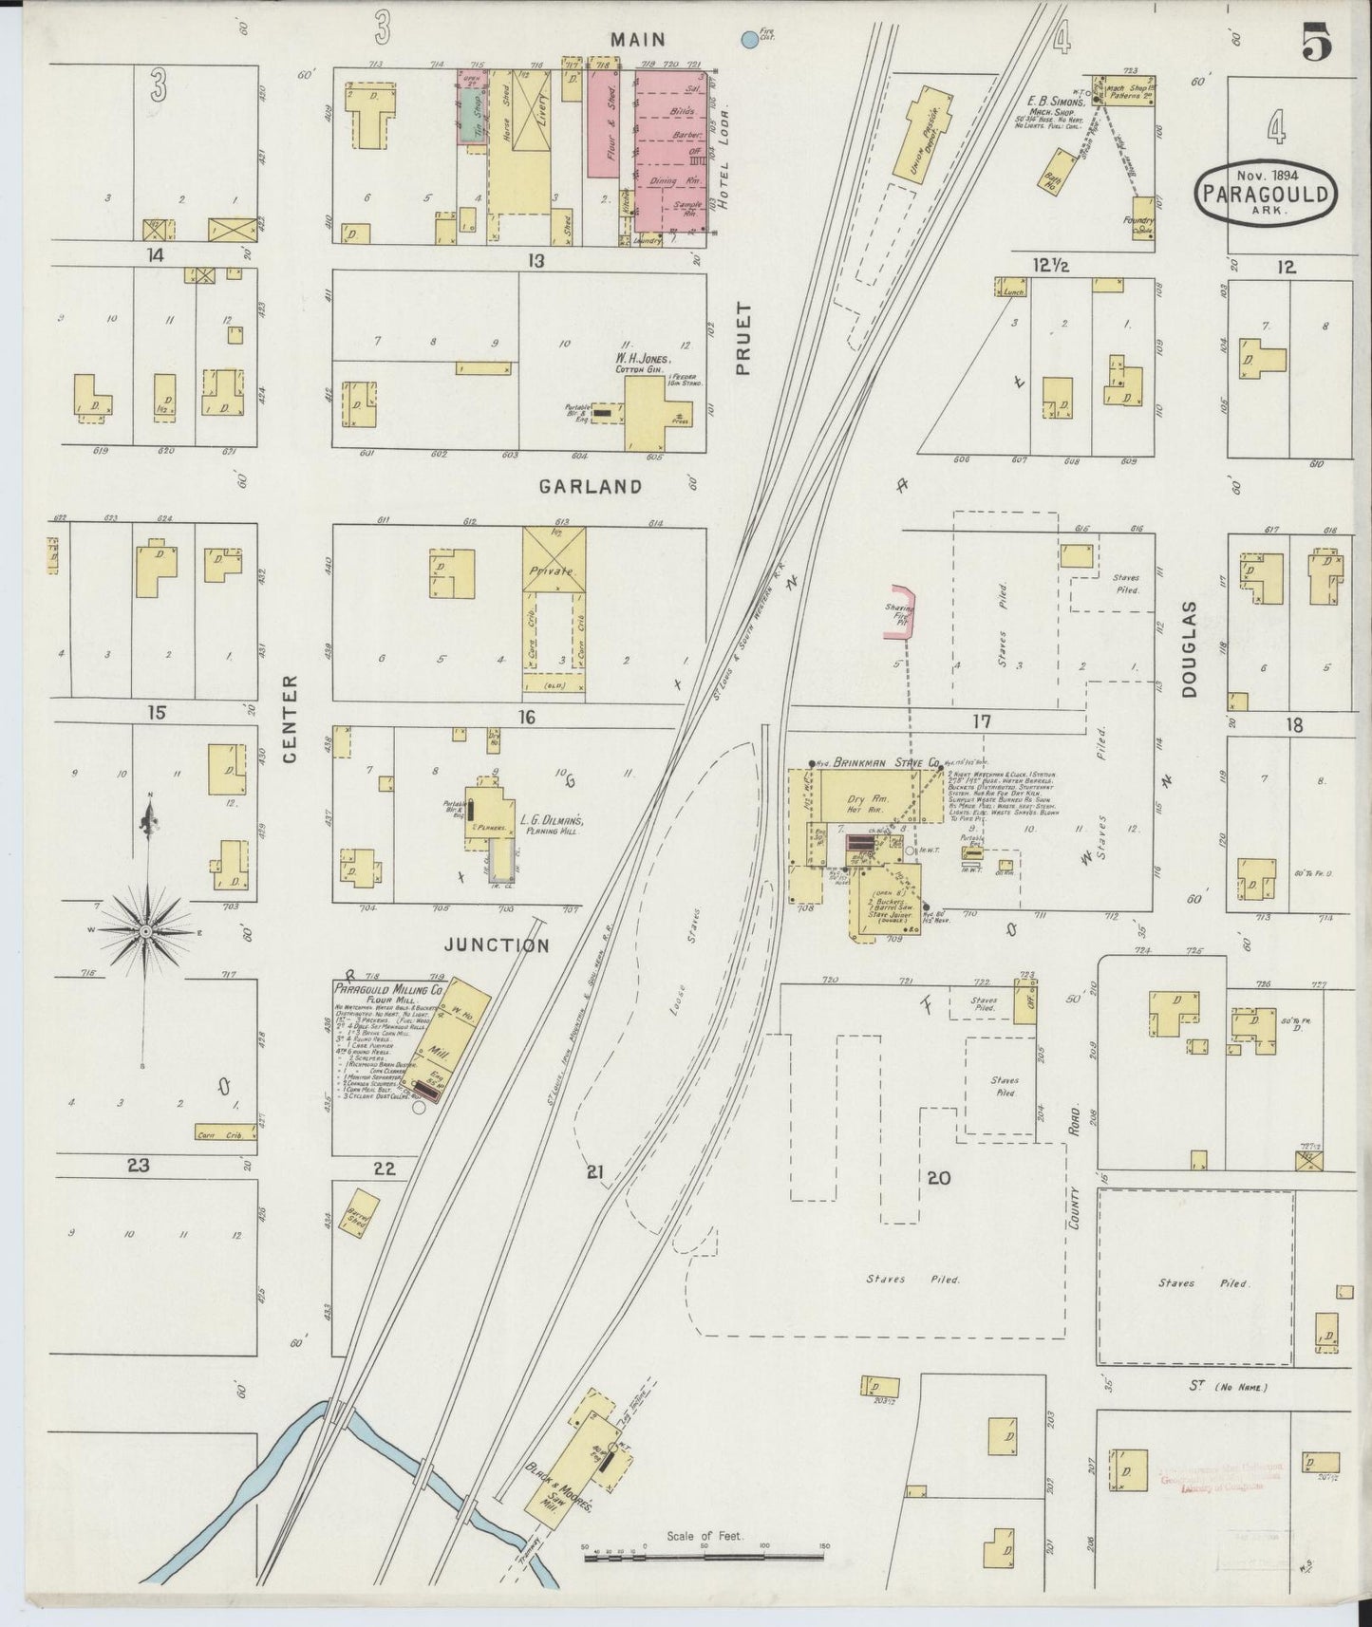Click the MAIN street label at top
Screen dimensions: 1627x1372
(x=638, y=40)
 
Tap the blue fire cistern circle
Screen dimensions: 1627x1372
(x=749, y=39)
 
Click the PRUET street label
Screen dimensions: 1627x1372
(x=742, y=339)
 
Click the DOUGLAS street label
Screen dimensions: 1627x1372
(x=1190, y=649)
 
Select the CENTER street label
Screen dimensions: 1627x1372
(x=291, y=718)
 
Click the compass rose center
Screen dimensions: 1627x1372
(x=145, y=932)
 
